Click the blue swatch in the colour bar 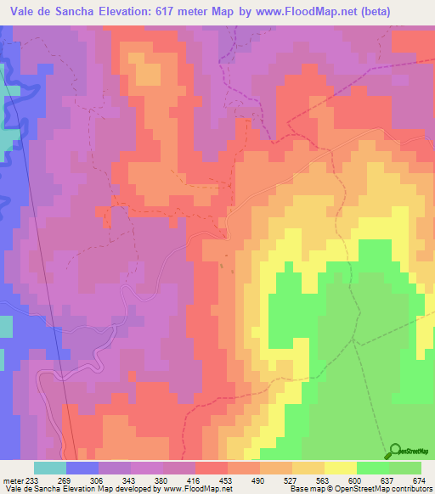(x=82, y=468)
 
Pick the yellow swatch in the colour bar (x=341, y=468)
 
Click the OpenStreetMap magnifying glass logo (x=397, y=452)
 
